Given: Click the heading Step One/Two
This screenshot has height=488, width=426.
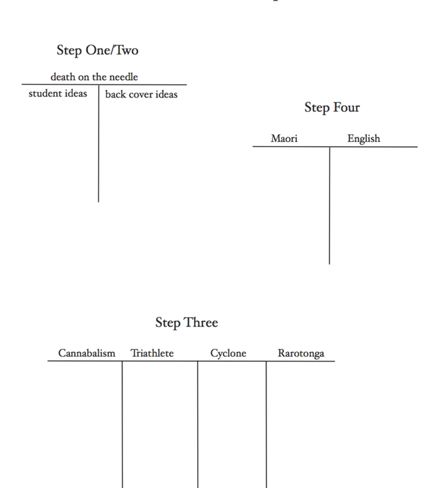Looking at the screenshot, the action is tap(98, 50).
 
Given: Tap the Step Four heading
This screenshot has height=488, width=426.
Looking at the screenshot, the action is tap(332, 107).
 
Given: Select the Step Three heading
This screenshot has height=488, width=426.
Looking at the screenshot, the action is tap(187, 323).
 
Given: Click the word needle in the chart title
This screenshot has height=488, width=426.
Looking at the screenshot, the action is tap(124, 77).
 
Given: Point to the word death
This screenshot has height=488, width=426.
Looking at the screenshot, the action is tap(63, 77).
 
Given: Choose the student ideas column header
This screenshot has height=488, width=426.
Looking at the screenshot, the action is tap(58, 94).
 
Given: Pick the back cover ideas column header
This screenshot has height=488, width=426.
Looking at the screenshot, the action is tap(142, 94).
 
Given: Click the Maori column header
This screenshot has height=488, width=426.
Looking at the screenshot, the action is tap(284, 138).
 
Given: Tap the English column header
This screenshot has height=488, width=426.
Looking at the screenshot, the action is tap(364, 139).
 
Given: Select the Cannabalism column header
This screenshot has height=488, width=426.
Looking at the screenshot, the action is tap(87, 353).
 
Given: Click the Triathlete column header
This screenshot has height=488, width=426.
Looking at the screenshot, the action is tap(152, 353).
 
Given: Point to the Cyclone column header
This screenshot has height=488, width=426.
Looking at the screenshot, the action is tap(228, 353).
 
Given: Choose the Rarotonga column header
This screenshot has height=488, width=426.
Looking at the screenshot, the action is tap(301, 353).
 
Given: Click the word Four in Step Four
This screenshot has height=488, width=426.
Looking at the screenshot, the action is tap(347, 107).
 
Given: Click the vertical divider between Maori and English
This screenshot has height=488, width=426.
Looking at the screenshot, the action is tap(329, 206).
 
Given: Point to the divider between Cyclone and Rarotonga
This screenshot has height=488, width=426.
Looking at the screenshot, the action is tap(266, 424).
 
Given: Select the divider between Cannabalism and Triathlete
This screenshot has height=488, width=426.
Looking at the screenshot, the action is tap(123, 424).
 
